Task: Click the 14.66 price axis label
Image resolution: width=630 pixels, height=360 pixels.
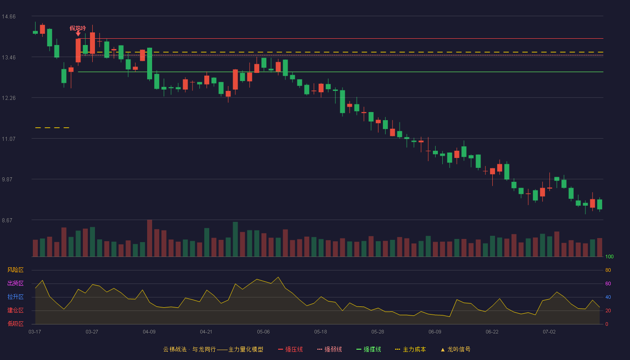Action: [x=9, y=17]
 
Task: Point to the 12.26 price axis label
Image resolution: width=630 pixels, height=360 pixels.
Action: [x=9, y=98]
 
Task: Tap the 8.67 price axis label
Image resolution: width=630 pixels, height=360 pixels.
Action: [x=7, y=220]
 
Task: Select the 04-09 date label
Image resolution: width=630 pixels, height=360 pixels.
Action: [x=149, y=332]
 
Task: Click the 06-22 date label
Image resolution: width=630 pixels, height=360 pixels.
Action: [x=492, y=332]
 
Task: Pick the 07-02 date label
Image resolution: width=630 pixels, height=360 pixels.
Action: [x=549, y=332]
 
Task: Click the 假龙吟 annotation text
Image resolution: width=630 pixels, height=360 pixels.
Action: [x=77, y=28]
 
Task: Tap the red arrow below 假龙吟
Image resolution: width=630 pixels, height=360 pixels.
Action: [x=78, y=33]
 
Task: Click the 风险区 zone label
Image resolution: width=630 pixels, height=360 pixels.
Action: [x=15, y=270]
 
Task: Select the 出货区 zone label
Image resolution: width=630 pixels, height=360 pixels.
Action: [x=15, y=283]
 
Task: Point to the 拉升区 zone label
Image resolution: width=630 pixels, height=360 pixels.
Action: [x=15, y=297]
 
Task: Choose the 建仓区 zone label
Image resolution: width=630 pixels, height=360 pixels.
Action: [x=15, y=310]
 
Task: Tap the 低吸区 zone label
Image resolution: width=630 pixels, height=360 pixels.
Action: [x=15, y=324]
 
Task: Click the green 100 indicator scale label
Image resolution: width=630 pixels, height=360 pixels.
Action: [x=609, y=256]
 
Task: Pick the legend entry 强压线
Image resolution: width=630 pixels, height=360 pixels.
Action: [x=290, y=349]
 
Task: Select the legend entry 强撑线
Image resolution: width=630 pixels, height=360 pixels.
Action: [x=369, y=349]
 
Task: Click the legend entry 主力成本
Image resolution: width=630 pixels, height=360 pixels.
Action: [x=410, y=349]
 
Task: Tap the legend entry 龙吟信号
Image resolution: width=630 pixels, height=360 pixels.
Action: [x=455, y=349]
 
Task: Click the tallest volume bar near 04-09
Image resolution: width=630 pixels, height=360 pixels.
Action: [x=149, y=238]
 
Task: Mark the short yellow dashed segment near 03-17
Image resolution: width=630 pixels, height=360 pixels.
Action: [x=52, y=128]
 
